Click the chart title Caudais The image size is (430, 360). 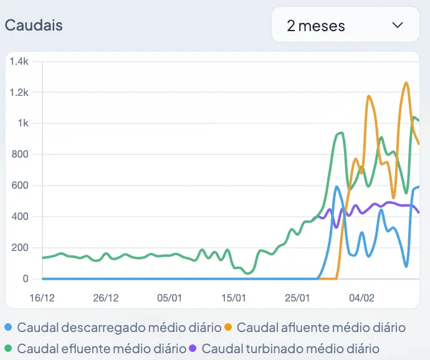coord(34,26)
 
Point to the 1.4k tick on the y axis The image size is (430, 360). coord(19,61)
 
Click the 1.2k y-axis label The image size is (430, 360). coord(19,92)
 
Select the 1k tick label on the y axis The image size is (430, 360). coord(22,123)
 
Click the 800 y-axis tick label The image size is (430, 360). coord(20,154)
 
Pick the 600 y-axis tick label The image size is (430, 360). coord(20,186)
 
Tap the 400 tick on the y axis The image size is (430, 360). coord(20,217)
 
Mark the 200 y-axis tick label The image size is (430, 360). coord(20,248)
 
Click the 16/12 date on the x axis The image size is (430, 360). coord(42,298)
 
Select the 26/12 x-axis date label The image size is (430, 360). coord(106,298)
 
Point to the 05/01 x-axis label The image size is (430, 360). coord(170,298)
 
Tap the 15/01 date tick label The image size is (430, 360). coord(234,298)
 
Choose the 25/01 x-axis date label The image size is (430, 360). coord(297,298)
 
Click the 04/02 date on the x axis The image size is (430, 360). coord(361,298)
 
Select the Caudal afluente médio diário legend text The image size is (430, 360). coord(321,328)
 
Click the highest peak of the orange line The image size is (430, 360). coord(406,82)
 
